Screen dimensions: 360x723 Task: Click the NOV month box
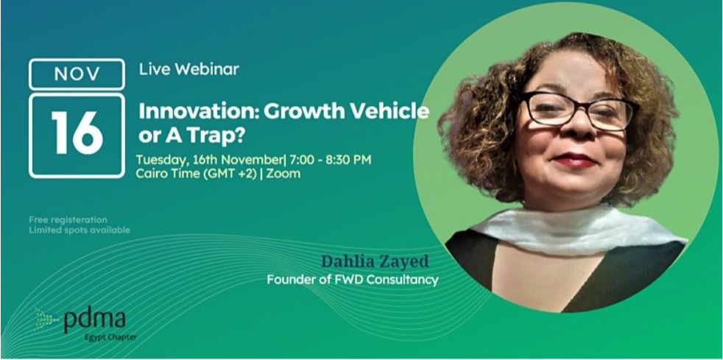coord(77,74)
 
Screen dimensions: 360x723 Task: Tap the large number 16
coord(77,134)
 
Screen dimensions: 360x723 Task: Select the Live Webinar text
coord(188,69)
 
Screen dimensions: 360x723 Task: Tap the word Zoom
coord(284,174)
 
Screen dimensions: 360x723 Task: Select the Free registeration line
coord(68,219)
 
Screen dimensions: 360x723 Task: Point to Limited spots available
coord(80,230)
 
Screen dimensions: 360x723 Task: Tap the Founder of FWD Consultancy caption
coord(353,280)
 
